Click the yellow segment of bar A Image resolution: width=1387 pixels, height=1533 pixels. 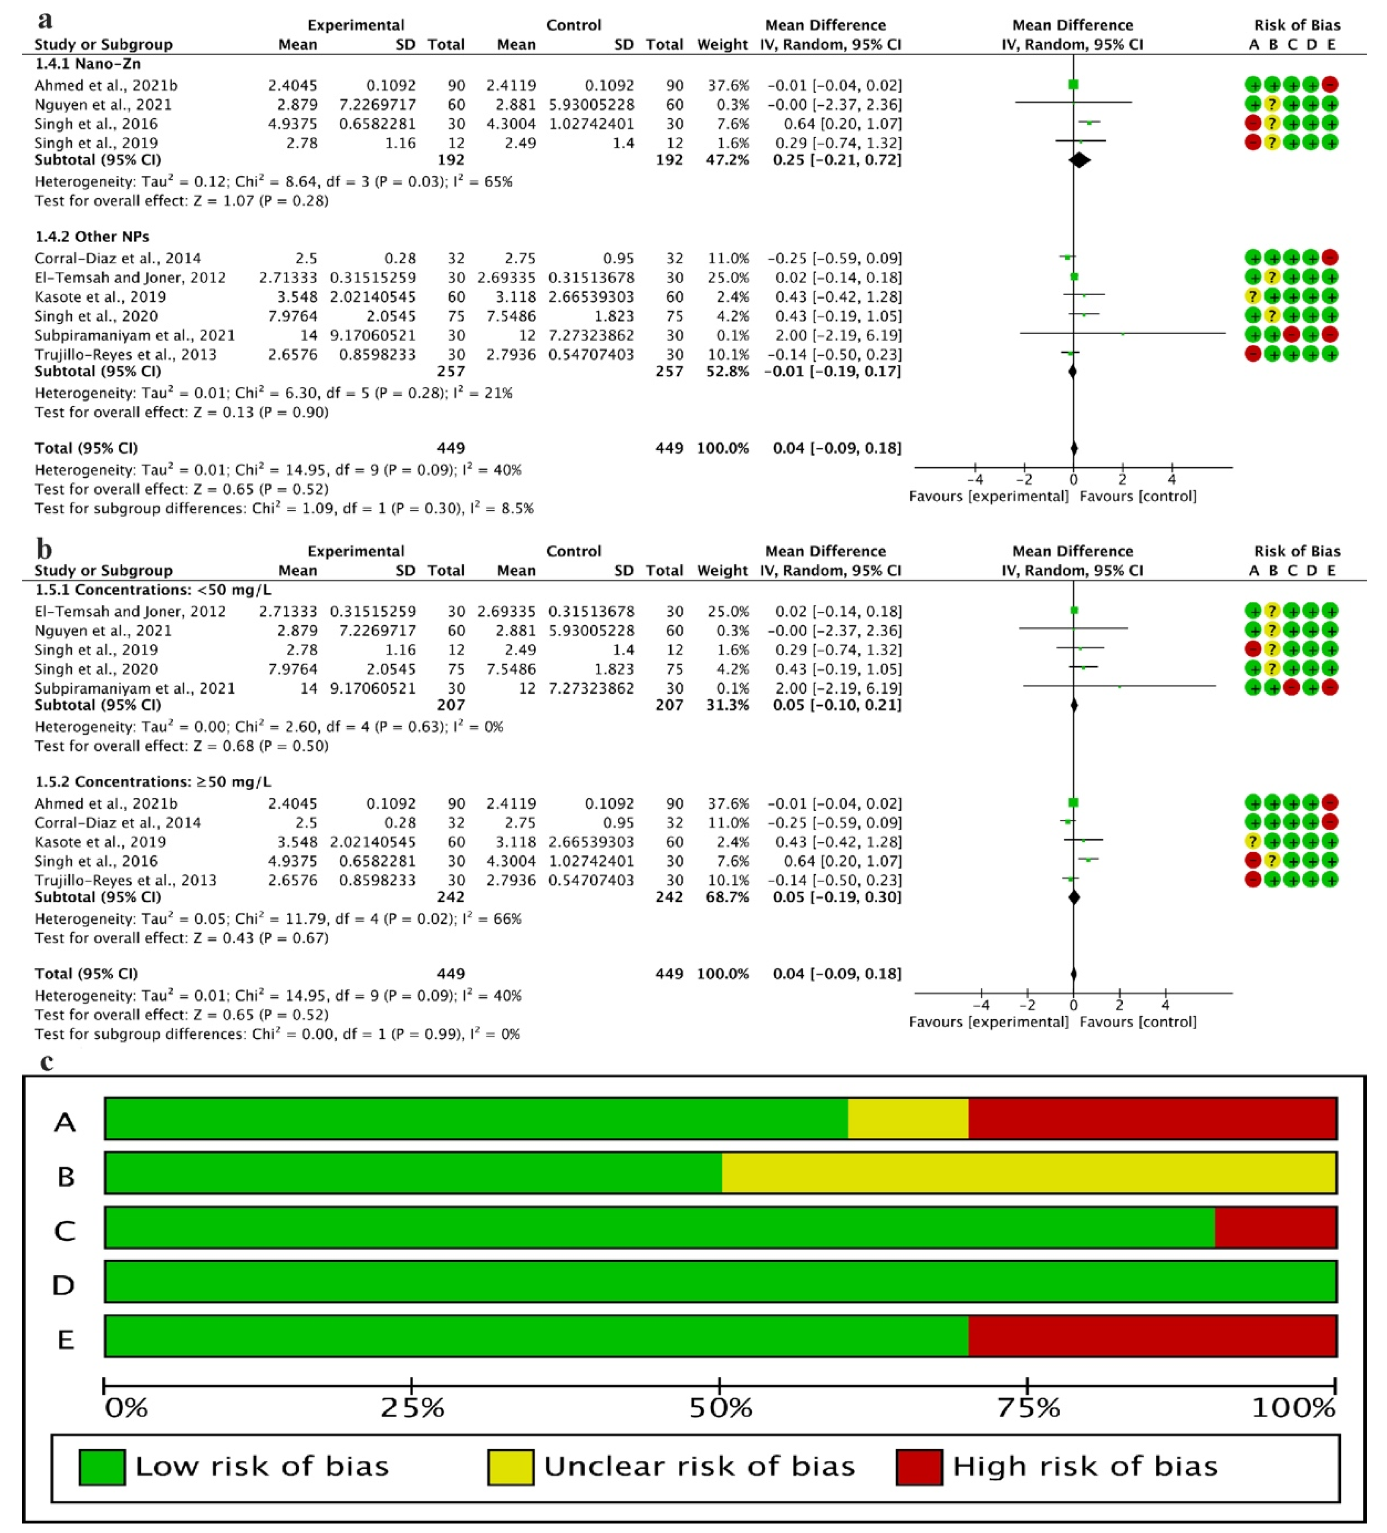click(x=908, y=1118)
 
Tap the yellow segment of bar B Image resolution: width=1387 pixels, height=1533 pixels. click(x=1028, y=1173)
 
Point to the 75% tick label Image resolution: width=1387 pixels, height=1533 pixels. click(x=1028, y=1407)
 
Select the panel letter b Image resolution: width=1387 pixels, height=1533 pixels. click(x=44, y=548)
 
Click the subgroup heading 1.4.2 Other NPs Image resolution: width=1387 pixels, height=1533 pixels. click(x=92, y=237)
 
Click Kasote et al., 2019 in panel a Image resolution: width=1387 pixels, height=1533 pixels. click(x=100, y=297)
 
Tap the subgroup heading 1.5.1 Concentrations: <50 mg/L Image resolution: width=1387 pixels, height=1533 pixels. click(x=153, y=590)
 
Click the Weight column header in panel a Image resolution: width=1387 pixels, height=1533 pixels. click(x=722, y=44)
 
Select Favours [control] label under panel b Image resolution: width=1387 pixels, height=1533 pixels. click(x=1137, y=1021)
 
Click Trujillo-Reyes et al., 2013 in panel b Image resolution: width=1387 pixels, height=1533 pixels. click(x=126, y=880)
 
